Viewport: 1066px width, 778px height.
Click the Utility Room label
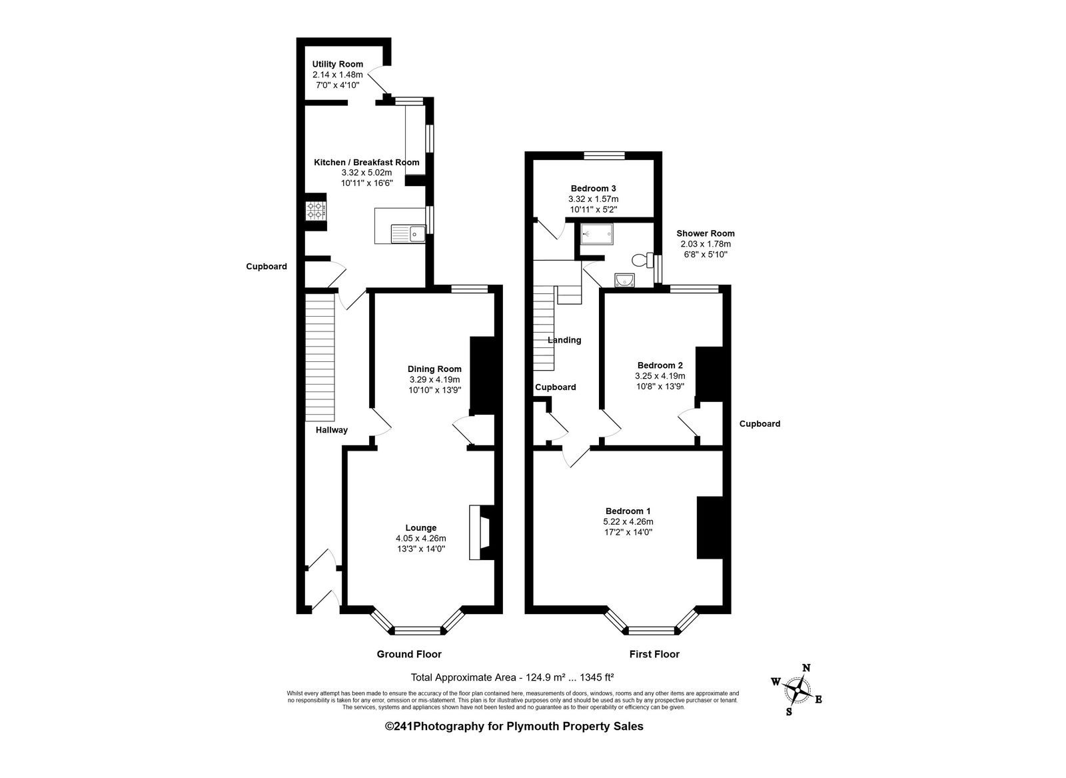coord(337,64)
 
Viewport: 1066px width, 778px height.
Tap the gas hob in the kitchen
coord(316,211)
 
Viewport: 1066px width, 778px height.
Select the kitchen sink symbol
coord(408,233)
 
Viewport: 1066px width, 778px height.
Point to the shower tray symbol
coord(597,234)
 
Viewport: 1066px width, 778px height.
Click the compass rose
coord(797,690)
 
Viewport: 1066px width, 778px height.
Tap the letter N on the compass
coord(806,667)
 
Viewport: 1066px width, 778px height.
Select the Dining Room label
coord(434,369)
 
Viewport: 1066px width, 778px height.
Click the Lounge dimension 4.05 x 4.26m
coord(420,539)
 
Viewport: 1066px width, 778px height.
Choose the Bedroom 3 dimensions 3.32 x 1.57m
coord(594,199)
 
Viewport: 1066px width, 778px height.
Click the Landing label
coord(564,341)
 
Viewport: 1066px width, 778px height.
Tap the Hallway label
coord(332,431)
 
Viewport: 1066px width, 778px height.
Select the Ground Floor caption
coord(409,654)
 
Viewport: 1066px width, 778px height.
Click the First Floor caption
coord(654,654)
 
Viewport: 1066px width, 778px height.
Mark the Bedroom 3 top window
coord(604,155)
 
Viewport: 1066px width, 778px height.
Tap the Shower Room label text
coord(706,234)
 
